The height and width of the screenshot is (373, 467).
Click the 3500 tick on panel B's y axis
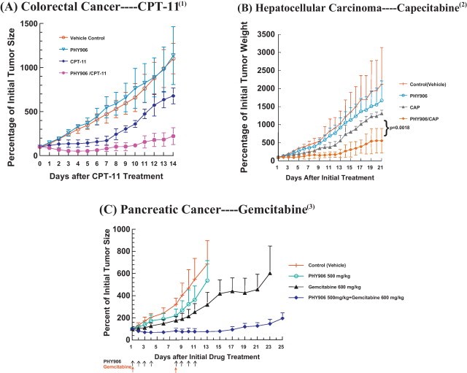(x=267, y=34)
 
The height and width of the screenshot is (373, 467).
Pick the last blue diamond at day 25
(x=281, y=318)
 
